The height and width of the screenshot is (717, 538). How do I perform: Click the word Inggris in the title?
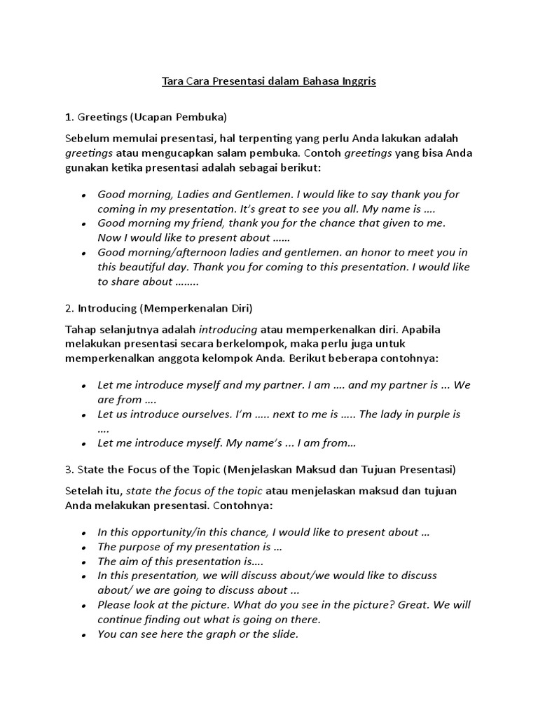359,81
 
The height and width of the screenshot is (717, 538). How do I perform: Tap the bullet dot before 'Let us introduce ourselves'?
84,415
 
